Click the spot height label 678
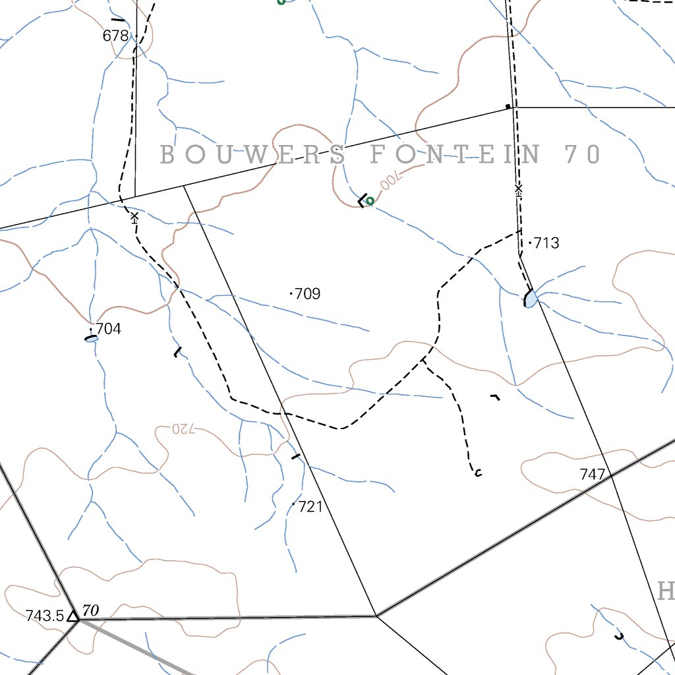pyautogui.click(x=115, y=36)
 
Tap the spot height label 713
pyautogui.click(x=546, y=243)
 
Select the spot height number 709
pyautogui.click(x=308, y=294)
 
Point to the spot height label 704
pyautogui.click(x=109, y=329)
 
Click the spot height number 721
pyautogui.click(x=310, y=507)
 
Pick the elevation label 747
pyautogui.click(x=592, y=475)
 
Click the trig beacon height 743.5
pyautogui.click(x=45, y=616)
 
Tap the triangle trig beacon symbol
pyautogui.click(x=73, y=616)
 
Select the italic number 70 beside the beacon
pyautogui.click(x=91, y=611)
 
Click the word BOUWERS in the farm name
pyautogui.click(x=253, y=155)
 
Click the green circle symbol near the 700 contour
pyautogui.click(x=370, y=201)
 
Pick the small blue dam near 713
pyautogui.click(x=531, y=299)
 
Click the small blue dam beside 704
pyautogui.click(x=92, y=339)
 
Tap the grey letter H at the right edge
pyautogui.click(x=666, y=591)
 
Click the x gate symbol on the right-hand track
pyautogui.click(x=518, y=190)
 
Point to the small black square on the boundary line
pyautogui.click(x=507, y=106)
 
